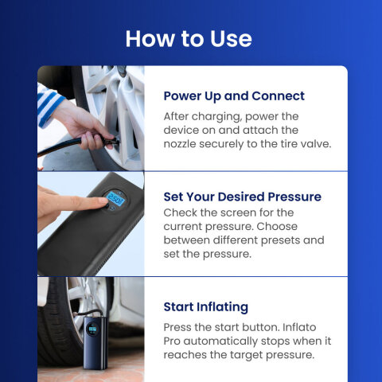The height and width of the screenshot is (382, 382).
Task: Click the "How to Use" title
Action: (x=189, y=39)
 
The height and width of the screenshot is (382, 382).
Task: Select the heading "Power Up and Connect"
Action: (x=234, y=96)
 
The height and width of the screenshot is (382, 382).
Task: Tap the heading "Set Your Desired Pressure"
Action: (x=243, y=197)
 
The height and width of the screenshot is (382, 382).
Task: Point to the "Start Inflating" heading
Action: (x=206, y=307)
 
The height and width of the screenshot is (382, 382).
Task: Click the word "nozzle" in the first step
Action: (x=180, y=144)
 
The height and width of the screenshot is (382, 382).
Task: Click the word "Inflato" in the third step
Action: (x=299, y=327)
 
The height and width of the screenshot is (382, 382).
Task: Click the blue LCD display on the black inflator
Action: (x=115, y=199)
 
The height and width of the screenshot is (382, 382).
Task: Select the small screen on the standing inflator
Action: (x=92, y=329)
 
